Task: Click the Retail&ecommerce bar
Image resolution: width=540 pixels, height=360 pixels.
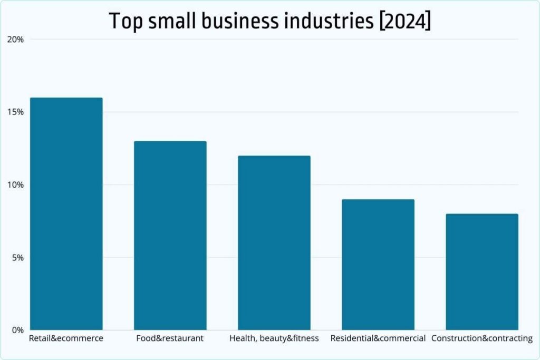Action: pos(66,214)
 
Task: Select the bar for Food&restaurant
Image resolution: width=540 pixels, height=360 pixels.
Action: pos(170,236)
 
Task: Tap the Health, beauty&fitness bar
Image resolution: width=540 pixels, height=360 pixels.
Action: pos(274,243)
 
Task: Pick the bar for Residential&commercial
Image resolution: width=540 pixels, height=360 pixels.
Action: pos(378,265)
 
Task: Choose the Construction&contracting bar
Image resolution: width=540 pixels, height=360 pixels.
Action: pos(481,272)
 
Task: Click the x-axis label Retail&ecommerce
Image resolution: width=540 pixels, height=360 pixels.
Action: pos(66,338)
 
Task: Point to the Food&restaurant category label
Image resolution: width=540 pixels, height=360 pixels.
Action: pos(170,338)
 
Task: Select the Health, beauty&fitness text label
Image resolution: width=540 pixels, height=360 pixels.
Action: pos(274,338)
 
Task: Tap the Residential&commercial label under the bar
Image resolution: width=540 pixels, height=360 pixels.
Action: pos(378,338)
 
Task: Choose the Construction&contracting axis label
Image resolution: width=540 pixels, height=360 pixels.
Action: pos(481,338)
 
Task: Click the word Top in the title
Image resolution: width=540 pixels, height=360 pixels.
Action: pos(124,21)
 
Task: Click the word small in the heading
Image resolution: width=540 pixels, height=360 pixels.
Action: pos(170,21)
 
